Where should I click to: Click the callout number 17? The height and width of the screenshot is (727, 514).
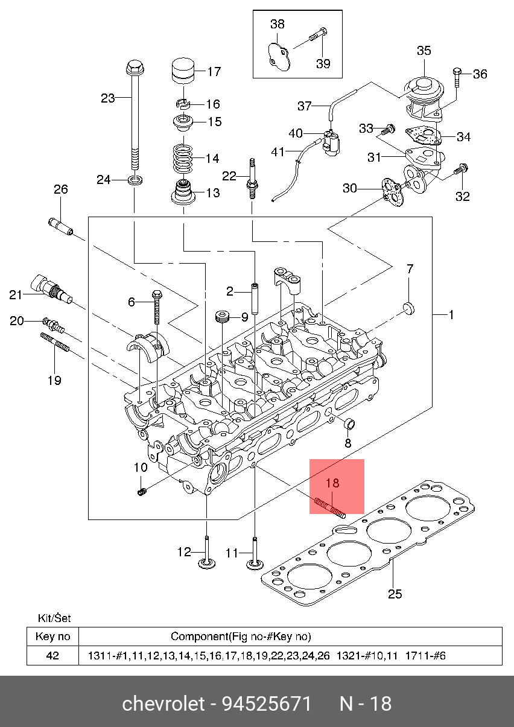pos(214,71)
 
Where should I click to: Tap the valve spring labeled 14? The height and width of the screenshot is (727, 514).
pos(183,159)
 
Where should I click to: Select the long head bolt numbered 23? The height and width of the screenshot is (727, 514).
pos(135,115)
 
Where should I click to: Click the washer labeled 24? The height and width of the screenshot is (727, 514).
pos(135,179)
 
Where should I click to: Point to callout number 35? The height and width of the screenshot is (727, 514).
pos(424,51)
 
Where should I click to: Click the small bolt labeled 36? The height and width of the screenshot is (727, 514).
pos(457,77)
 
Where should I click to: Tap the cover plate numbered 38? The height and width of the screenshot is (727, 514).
pos(279,57)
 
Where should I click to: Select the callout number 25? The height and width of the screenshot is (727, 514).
pos(395,594)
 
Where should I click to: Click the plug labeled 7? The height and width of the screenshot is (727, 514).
pos(409,308)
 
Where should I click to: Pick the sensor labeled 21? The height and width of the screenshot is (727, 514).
pos(51,290)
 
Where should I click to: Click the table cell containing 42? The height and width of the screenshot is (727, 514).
pos(52,656)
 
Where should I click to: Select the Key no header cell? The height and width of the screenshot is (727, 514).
pos(52,637)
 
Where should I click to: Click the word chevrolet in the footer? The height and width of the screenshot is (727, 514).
pos(163,704)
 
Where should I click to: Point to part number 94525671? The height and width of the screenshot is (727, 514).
pos(267,704)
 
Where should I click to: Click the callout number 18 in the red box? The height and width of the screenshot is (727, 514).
pos(332,483)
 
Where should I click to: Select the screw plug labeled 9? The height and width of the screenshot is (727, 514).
pos(223,316)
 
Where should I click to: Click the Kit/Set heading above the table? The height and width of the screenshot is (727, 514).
pos(54,618)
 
